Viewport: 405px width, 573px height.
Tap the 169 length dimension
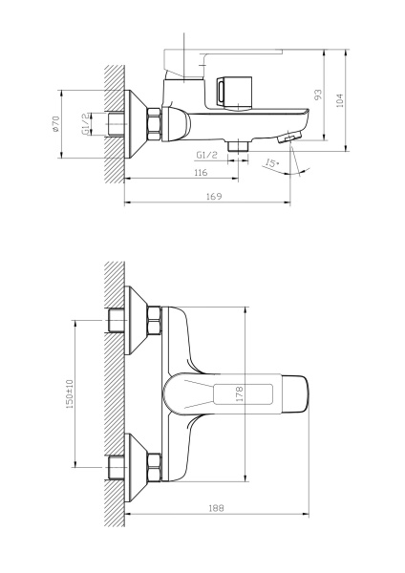214,196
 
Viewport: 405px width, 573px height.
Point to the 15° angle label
274,164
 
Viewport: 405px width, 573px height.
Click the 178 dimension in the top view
240,393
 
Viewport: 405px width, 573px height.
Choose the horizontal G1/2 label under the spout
208,155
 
